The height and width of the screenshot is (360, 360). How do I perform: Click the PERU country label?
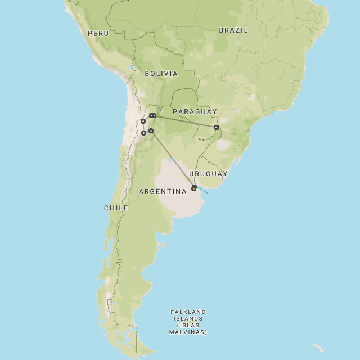[x=98, y=34]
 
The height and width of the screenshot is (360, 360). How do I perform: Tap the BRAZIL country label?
[x=233, y=30]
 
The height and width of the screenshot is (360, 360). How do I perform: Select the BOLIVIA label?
[x=161, y=74]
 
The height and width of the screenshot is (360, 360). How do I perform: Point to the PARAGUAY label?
[x=195, y=112]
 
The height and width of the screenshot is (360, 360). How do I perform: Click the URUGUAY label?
[x=208, y=174]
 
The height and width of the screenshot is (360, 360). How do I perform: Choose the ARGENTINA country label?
[x=163, y=192]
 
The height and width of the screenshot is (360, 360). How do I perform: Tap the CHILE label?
[x=116, y=208]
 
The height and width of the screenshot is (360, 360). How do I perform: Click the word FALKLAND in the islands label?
[x=188, y=312]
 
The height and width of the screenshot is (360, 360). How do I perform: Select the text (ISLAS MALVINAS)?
[x=188, y=329]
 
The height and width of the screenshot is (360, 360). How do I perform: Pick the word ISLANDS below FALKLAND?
[x=188, y=319]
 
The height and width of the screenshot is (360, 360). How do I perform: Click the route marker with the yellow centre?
[x=194, y=188]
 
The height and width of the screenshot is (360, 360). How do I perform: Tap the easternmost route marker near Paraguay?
[x=217, y=128]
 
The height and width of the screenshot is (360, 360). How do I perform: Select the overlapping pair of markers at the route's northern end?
[x=152, y=116]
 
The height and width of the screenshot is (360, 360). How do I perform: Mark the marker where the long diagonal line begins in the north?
[x=151, y=131]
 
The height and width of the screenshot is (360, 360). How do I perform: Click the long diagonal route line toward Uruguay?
[x=172, y=159]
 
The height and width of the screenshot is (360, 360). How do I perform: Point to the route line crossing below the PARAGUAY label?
[x=186, y=121]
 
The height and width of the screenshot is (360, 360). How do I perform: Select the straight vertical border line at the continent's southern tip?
[x=136, y=340]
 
